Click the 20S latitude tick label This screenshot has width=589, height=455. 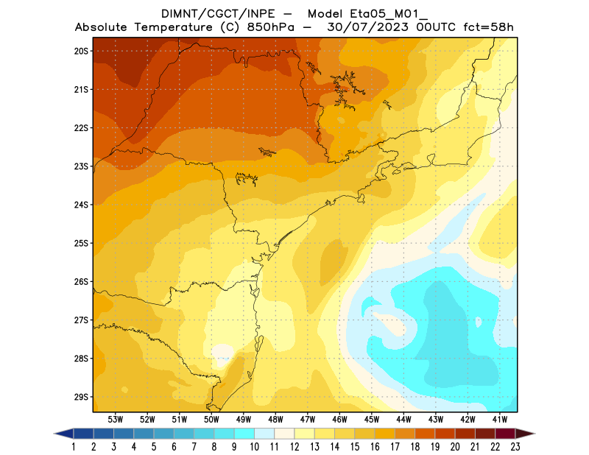pos(81,51)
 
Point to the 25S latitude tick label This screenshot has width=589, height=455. pos(81,243)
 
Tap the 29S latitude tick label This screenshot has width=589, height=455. pos(81,397)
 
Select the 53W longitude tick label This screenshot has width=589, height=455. pos(115,419)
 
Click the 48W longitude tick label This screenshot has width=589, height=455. pos(275,419)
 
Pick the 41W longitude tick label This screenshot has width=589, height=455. pos(501,419)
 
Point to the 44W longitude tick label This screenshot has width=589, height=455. pos(404,419)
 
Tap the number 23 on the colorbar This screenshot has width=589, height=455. pos(515,446)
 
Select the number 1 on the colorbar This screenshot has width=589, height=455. pos(74,446)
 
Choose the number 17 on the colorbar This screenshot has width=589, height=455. pos(395,446)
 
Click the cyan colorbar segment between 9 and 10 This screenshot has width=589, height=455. pos(245,433)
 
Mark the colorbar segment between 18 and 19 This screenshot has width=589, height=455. pos(426,433)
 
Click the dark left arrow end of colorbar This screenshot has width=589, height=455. pos(63,433)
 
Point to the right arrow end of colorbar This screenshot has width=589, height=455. pos(526,433)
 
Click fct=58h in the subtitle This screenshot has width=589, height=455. pos(487,28)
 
